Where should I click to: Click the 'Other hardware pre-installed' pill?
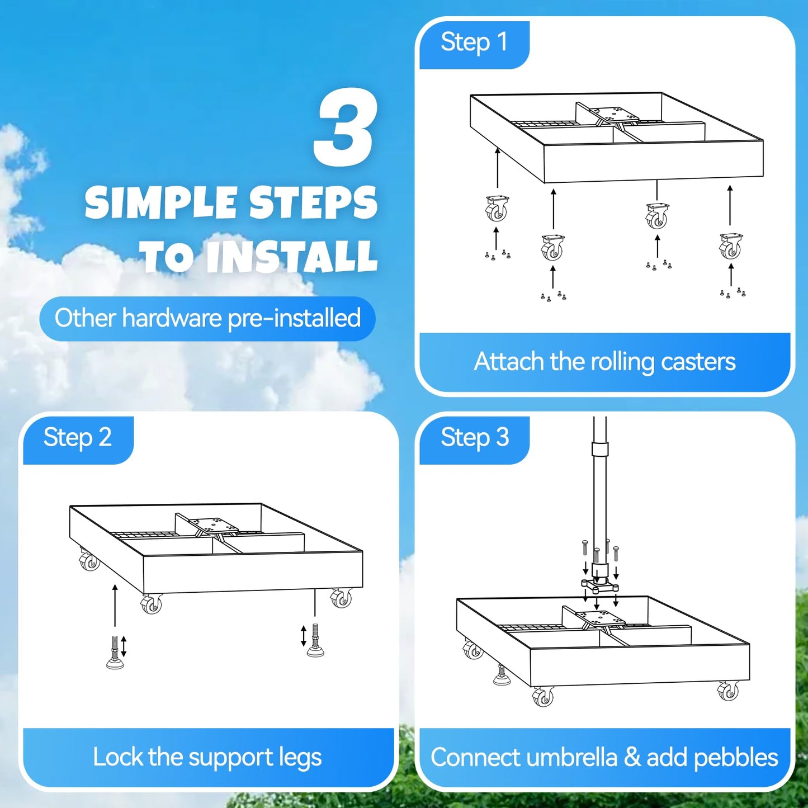click(207, 318)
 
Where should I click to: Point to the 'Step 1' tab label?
click(474, 42)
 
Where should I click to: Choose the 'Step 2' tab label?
click(78, 437)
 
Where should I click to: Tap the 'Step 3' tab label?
click(475, 437)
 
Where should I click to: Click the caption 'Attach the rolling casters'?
click(604, 361)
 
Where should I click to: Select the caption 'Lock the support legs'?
click(207, 757)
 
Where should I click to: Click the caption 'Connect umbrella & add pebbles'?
click(604, 757)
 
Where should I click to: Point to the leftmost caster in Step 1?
click(497, 209)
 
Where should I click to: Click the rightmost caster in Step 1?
click(731, 246)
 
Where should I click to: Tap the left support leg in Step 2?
click(115, 651)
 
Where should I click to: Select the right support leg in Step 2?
click(315, 640)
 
